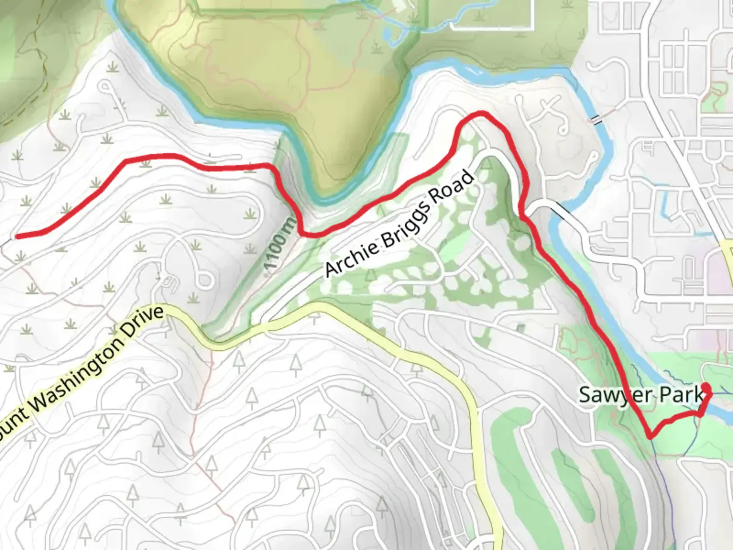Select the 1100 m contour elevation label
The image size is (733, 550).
tap(279, 246)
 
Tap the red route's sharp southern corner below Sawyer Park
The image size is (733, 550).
tap(651, 436)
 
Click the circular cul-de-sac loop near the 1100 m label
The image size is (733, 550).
tap(205, 280)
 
